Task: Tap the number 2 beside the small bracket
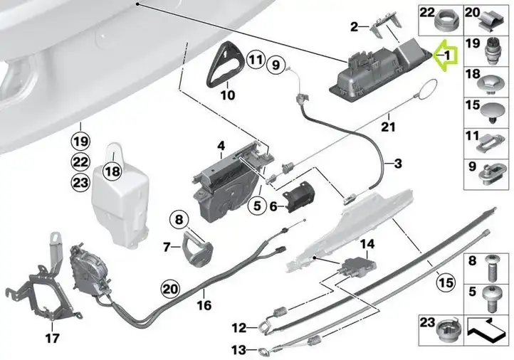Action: (355, 26)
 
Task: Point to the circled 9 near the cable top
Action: (276, 65)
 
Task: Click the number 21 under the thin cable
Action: (389, 127)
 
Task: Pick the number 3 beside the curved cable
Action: (398, 163)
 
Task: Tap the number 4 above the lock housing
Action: (221, 146)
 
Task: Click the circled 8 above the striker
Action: (179, 219)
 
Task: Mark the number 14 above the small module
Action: (367, 244)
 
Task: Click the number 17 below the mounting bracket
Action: (53, 338)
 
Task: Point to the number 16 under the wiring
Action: (204, 305)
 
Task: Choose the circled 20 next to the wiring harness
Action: (171, 289)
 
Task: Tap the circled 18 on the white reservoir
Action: (112, 171)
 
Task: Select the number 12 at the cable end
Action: (239, 327)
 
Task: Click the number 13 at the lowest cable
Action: (239, 351)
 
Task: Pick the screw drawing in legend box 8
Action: (493, 268)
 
